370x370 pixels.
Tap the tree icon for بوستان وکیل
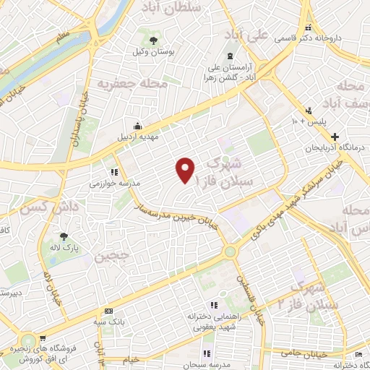[152, 39]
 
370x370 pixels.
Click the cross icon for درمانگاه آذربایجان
[335, 136]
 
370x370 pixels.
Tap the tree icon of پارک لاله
[64, 236]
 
